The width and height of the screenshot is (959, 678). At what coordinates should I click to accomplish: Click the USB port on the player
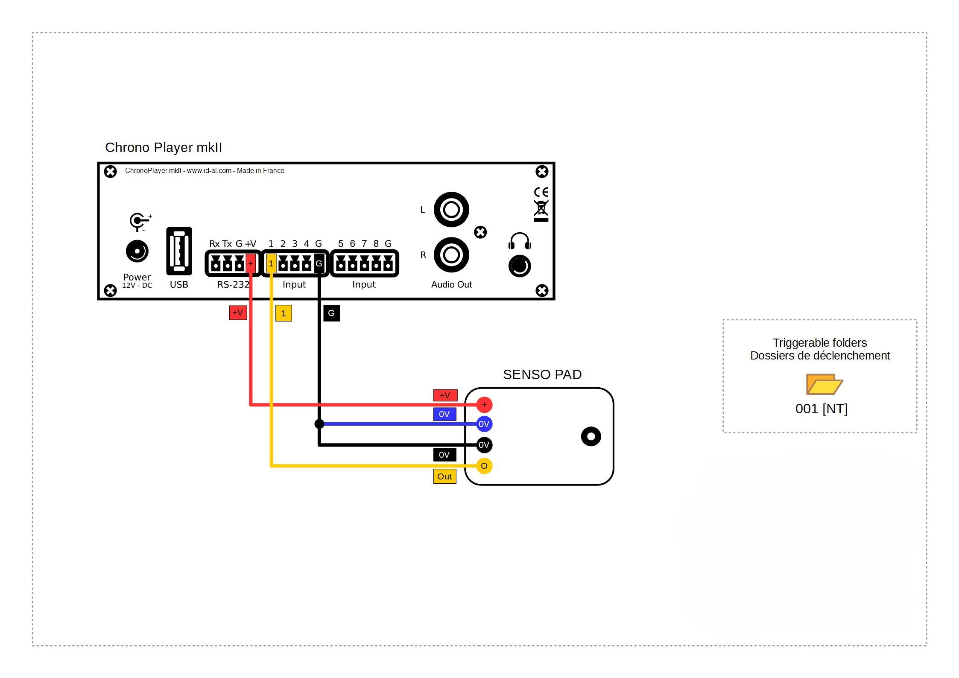click(179, 251)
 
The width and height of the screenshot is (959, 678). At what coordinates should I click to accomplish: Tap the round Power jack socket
click(137, 251)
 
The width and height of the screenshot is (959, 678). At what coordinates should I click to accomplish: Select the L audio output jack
click(451, 210)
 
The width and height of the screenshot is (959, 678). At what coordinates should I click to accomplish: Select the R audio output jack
click(451, 255)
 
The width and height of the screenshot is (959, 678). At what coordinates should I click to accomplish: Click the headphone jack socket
click(520, 266)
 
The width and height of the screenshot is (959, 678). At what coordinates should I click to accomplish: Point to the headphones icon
click(520, 241)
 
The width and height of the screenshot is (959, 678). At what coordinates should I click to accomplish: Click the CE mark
click(541, 192)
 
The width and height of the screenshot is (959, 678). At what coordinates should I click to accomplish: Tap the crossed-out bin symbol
click(541, 209)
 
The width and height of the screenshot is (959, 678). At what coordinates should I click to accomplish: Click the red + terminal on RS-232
click(251, 263)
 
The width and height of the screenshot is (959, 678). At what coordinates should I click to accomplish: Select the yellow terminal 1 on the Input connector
click(271, 263)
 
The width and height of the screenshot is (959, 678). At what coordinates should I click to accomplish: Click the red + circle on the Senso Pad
click(484, 405)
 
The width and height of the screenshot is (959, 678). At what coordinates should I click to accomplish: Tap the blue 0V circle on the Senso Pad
click(484, 424)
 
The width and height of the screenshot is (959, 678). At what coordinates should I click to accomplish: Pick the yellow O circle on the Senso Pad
click(484, 466)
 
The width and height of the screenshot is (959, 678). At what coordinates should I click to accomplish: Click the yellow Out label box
click(444, 476)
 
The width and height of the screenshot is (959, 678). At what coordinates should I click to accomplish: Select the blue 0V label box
click(444, 414)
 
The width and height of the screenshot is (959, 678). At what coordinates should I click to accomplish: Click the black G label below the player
click(331, 313)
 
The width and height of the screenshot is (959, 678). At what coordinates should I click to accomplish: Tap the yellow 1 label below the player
click(284, 313)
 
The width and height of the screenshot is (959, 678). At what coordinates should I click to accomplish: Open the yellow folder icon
click(824, 384)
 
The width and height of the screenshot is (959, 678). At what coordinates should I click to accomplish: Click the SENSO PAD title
click(542, 374)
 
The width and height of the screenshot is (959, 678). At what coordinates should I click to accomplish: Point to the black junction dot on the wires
click(319, 424)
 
